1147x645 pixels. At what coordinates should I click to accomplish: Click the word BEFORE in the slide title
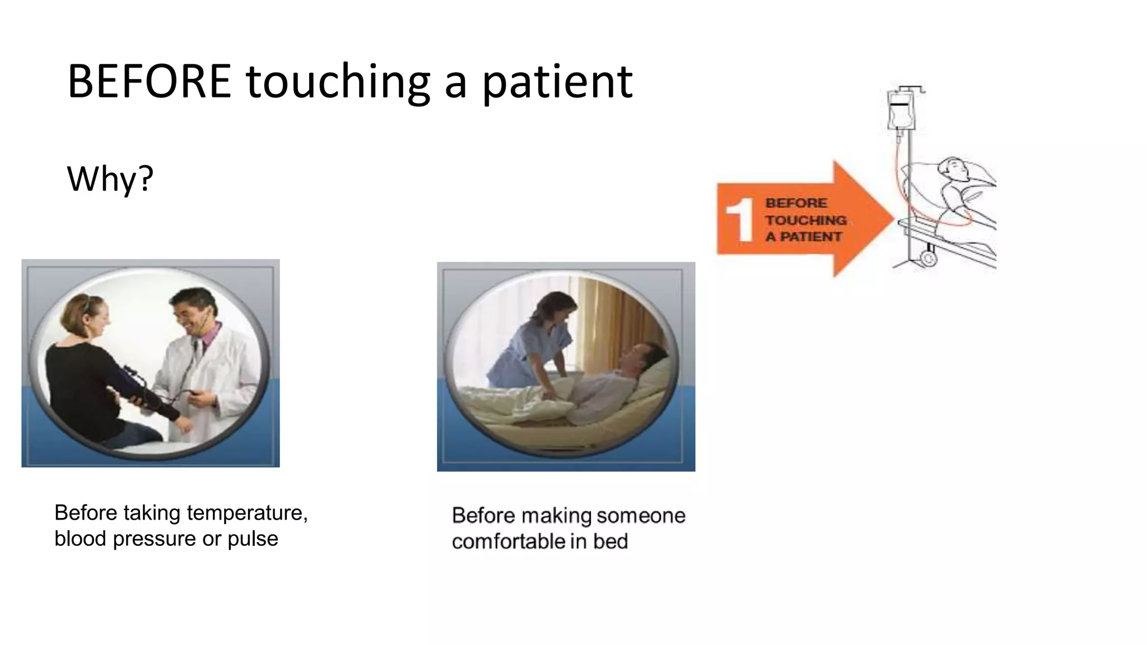(x=149, y=82)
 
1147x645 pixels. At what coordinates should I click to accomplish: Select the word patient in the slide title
(x=557, y=83)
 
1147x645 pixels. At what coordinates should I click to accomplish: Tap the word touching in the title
(x=338, y=83)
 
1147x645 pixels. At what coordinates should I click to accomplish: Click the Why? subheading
(x=110, y=179)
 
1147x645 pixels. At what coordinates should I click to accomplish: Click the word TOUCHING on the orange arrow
(x=805, y=220)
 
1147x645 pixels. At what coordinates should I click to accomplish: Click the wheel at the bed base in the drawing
(x=928, y=258)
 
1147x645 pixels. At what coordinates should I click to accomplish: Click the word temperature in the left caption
(x=247, y=513)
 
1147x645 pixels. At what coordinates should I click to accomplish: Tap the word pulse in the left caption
(x=253, y=539)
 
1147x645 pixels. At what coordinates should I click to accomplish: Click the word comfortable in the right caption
(x=509, y=541)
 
